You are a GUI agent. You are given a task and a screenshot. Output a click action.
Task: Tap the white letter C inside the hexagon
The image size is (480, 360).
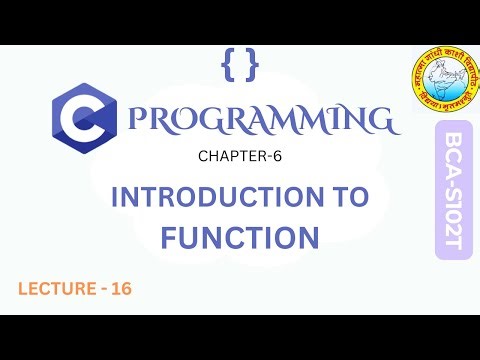(x=83, y=121)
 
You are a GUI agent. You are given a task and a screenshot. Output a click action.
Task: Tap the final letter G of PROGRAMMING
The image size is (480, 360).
(x=376, y=121)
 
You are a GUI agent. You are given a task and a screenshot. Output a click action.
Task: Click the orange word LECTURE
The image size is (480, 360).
(x=54, y=288)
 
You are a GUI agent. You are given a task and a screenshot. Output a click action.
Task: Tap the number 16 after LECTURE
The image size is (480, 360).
(x=120, y=288)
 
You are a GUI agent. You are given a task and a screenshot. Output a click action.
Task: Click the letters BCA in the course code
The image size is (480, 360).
(x=452, y=154)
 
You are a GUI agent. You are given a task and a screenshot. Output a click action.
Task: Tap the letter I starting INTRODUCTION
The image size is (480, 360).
(x=116, y=197)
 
